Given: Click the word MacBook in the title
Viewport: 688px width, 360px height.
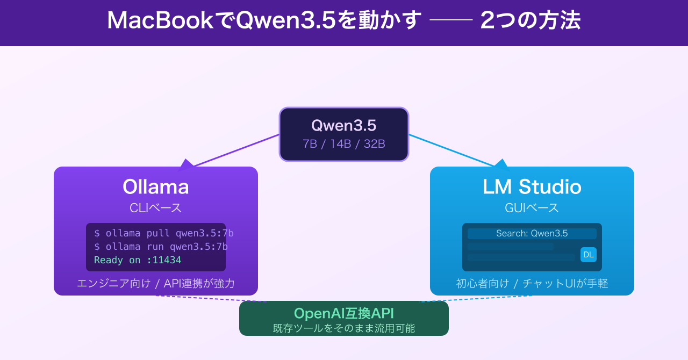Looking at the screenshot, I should (x=160, y=21).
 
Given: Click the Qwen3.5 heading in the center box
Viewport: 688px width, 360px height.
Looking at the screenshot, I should (x=343, y=125).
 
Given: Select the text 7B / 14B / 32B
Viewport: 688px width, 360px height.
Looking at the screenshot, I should (x=343, y=144).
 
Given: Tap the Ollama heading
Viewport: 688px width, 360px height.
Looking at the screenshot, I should (x=155, y=187).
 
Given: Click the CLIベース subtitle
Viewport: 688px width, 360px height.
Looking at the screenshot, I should (x=155, y=208).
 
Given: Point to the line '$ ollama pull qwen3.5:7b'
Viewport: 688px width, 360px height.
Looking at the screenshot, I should (x=163, y=233).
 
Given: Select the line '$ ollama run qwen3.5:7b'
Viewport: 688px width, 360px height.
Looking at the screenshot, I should (x=161, y=247).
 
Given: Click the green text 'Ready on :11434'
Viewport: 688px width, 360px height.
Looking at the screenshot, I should (x=138, y=260).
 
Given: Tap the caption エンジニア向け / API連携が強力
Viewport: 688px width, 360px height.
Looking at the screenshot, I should (x=155, y=283).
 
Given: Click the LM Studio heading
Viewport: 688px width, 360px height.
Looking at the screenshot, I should (x=532, y=187).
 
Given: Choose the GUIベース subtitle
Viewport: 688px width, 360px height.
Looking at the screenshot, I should (x=532, y=208).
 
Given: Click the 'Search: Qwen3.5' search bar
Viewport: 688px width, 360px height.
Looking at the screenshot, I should (x=532, y=234).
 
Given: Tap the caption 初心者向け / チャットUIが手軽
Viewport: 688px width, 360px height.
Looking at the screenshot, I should (x=532, y=283).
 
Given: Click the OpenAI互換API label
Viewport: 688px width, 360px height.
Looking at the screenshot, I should (x=343, y=313).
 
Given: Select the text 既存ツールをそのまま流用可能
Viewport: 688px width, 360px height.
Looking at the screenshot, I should (x=343, y=328).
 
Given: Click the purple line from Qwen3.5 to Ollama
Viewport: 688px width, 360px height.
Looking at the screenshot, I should (x=236, y=150).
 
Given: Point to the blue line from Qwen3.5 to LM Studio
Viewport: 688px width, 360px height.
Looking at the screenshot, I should (x=451, y=150).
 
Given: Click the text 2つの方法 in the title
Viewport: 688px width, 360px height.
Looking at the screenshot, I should (x=530, y=21).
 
